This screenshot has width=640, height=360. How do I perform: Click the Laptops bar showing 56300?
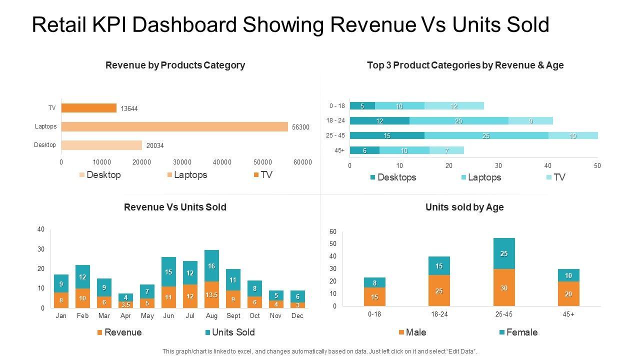[174, 126]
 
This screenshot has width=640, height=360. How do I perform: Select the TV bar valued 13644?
[89, 108]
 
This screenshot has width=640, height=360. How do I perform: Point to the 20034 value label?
[155, 146]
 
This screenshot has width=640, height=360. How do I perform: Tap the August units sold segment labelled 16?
[211, 266]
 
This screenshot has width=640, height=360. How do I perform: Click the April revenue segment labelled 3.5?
[125, 304]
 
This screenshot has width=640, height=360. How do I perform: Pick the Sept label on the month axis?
[233, 316]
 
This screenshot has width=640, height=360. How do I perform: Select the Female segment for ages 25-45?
[504, 253]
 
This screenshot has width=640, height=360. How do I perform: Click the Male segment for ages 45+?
[568, 294]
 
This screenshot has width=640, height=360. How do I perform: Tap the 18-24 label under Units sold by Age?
[439, 314]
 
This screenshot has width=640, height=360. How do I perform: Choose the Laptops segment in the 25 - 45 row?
[486, 135]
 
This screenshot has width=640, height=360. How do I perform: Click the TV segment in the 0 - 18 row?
[454, 106]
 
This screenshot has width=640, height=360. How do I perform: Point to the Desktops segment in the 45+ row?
[364, 150]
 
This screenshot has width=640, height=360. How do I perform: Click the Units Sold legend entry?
[229, 332]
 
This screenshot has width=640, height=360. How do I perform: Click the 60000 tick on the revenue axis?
[302, 162]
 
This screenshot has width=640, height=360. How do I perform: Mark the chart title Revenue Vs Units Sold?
[175, 207]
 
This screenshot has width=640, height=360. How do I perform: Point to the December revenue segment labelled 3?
[297, 305]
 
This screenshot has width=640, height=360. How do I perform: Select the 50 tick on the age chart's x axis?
[597, 165]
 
